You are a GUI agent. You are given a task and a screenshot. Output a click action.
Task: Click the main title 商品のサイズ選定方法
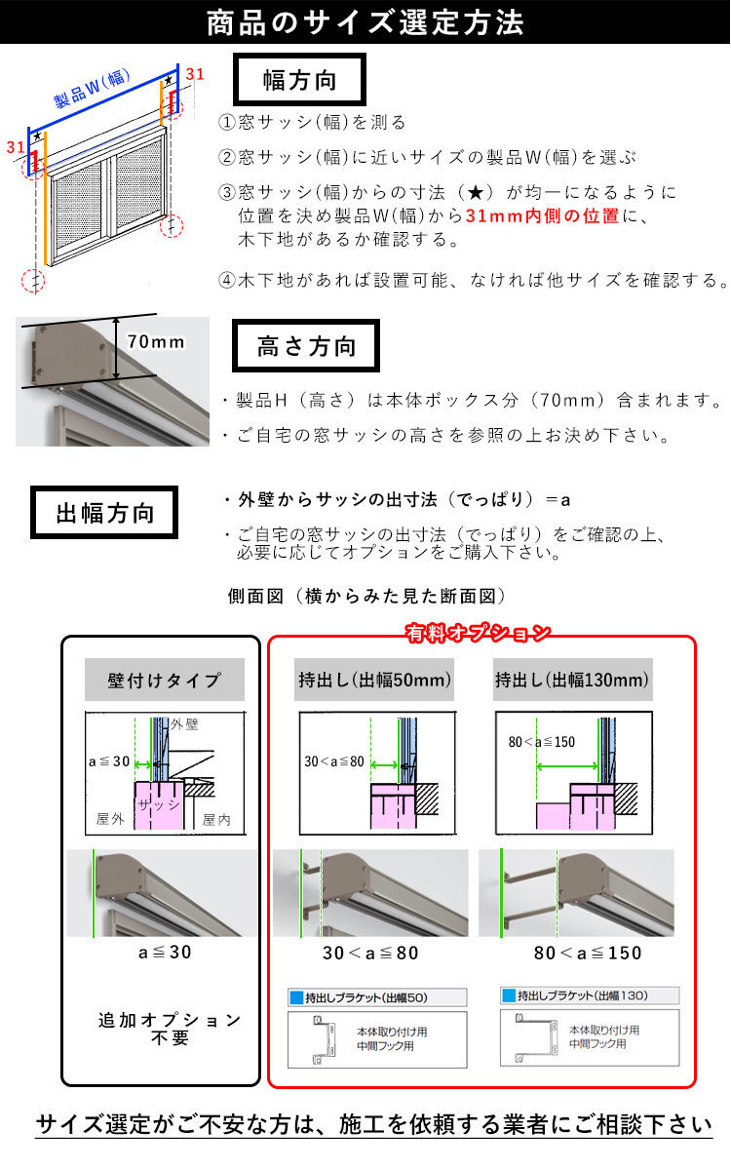click(365, 23)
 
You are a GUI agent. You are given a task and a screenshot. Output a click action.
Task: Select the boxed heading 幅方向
click(299, 79)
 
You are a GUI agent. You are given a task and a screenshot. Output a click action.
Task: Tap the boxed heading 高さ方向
click(306, 346)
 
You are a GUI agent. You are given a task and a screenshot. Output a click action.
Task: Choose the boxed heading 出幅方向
click(104, 513)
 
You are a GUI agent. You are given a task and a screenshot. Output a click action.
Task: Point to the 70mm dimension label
click(156, 341)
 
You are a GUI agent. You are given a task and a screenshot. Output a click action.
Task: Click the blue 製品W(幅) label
click(92, 89)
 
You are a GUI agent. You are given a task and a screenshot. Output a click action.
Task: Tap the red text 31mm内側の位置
click(542, 215)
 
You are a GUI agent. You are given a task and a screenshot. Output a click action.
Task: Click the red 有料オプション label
click(478, 633)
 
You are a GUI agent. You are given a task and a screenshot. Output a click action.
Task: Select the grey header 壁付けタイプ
click(165, 680)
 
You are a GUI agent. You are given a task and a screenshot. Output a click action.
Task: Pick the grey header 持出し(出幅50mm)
click(374, 680)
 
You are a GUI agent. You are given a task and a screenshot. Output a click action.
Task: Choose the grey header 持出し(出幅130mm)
click(573, 680)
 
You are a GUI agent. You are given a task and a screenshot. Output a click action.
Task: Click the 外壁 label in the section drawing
click(185, 723)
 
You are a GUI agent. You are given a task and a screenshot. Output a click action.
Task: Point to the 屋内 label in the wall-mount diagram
click(216, 820)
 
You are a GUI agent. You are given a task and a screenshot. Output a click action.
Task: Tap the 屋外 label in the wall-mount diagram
click(110, 818)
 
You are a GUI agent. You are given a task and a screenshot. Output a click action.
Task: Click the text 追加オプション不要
click(170, 1029)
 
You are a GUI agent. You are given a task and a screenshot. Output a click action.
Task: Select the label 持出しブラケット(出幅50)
click(366, 997)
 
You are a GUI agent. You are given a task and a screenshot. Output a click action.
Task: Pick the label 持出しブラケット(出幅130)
click(583, 995)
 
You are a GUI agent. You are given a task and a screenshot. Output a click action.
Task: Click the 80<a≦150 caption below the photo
click(588, 953)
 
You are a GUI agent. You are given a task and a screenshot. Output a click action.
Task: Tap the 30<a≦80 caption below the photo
click(370, 953)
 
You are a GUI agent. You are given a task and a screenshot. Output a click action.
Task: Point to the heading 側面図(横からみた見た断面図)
click(366, 596)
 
